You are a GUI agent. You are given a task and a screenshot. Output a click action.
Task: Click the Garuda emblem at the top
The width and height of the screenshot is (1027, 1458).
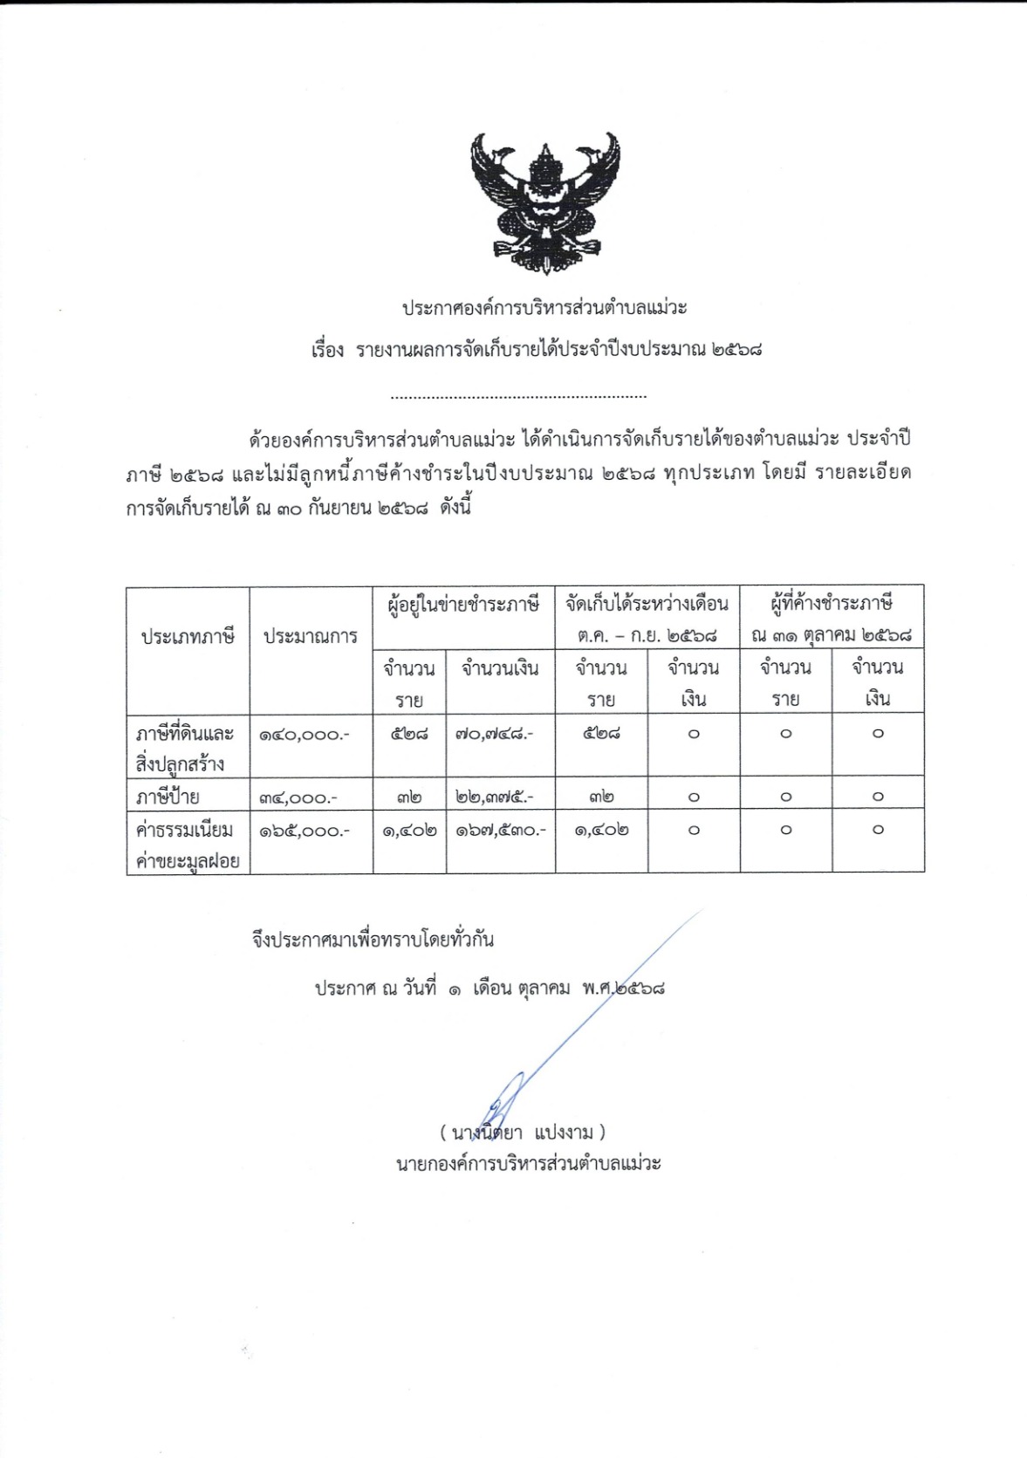(x=544, y=203)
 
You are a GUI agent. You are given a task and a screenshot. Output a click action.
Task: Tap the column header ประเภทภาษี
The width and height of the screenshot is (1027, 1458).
(x=188, y=637)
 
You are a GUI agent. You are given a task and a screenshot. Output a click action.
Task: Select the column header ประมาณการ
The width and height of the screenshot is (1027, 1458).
(x=311, y=637)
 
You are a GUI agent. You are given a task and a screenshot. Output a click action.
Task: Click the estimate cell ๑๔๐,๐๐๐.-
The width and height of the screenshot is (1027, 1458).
(x=304, y=735)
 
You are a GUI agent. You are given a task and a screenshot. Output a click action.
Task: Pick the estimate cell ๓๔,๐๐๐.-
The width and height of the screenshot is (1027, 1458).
(x=304, y=797)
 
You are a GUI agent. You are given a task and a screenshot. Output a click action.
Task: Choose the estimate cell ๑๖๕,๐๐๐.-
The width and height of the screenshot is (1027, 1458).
(x=304, y=831)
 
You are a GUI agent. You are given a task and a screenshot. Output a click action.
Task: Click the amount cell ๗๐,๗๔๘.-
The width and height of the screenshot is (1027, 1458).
(x=494, y=735)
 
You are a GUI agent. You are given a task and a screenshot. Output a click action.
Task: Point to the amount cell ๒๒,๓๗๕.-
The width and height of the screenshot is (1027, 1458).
(x=494, y=797)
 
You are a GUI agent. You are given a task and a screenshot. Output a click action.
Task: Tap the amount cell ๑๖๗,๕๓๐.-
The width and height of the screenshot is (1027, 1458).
(x=500, y=830)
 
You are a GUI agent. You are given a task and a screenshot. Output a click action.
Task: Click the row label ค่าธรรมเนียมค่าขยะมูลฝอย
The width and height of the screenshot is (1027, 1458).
(x=187, y=845)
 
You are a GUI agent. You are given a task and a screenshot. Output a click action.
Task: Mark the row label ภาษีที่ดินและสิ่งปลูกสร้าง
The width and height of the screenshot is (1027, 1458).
(x=184, y=749)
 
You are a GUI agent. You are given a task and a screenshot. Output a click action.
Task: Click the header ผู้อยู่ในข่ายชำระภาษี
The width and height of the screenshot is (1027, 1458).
(x=463, y=604)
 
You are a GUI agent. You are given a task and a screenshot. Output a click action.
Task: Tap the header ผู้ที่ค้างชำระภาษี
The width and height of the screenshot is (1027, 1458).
(x=832, y=603)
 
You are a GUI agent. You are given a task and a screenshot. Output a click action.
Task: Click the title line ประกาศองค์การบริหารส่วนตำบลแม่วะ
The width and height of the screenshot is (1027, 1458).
(x=544, y=308)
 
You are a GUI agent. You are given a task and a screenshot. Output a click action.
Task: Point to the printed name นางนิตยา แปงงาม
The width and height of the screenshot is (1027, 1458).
(x=522, y=1133)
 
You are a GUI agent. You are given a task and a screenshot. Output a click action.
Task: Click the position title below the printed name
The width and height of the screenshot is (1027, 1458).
(x=529, y=1163)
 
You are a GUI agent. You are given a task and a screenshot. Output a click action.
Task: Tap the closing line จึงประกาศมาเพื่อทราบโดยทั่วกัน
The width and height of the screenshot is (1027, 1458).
(x=373, y=940)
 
